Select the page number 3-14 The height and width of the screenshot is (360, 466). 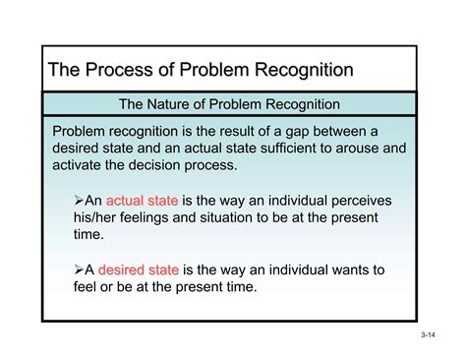click(x=427, y=336)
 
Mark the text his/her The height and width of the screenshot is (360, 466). click(x=99, y=217)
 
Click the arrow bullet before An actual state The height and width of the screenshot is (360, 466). click(x=81, y=200)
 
